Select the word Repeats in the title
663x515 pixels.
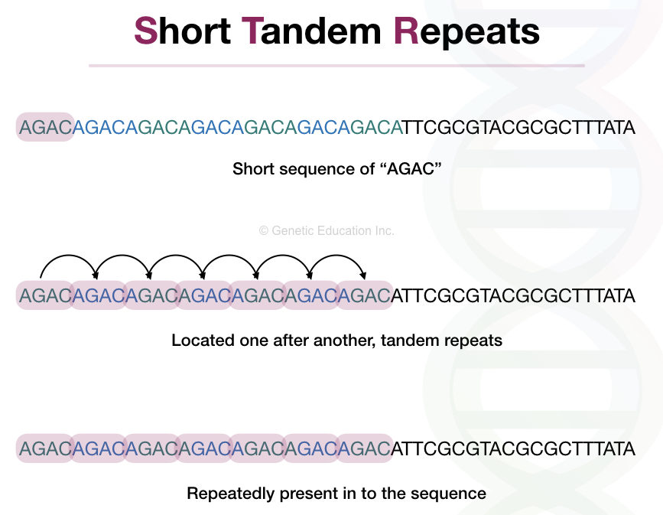pos(466,31)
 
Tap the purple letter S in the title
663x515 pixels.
pos(145,31)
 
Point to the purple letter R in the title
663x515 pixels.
pos(406,31)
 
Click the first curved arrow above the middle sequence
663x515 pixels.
pos(68,264)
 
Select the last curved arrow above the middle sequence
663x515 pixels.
pos(337,264)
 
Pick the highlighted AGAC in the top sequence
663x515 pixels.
pos(45,127)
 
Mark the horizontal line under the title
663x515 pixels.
pos(336,66)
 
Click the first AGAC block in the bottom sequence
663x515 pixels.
pos(45,448)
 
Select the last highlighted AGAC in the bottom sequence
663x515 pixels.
pos(364,448)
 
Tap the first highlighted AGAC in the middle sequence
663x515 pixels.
pos(45,295)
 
